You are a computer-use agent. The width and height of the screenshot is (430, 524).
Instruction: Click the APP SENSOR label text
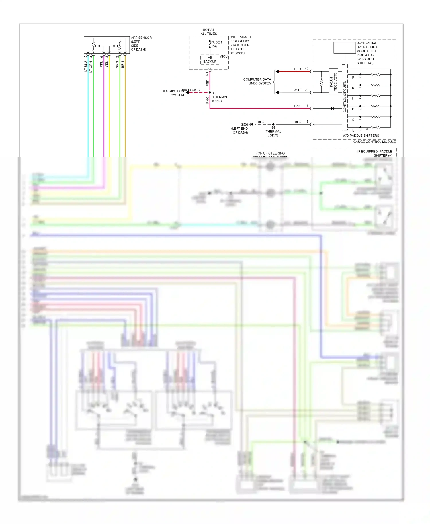(x=141, y=38)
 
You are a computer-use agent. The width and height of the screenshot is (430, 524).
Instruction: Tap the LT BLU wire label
(x=86, y=66)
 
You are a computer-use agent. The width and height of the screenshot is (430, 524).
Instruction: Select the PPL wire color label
(x=101, y=64)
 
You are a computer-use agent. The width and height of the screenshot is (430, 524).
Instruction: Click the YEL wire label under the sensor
(x=107, y=64)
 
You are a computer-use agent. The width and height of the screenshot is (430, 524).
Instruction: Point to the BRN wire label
(x=123, y=64)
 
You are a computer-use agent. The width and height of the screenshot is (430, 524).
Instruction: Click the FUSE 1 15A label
(x=216, y=44)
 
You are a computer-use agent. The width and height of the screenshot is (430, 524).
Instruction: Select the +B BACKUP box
(x=210, y=60)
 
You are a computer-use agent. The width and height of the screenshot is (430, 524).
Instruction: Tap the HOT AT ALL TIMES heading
(x=209, y=32)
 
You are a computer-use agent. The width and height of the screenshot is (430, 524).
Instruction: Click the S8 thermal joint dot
(x=210, y=93)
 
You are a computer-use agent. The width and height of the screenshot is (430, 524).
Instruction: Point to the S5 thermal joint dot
(x=273, y=124)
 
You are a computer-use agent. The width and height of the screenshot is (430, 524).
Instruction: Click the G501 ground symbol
(x=251, y=124)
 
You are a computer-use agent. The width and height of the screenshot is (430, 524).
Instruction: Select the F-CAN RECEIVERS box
(x=333, y=82)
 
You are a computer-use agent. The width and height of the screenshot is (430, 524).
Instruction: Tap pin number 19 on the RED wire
(x=307, y=69)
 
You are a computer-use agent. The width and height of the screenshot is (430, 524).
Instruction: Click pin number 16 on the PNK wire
(x=307, y=106)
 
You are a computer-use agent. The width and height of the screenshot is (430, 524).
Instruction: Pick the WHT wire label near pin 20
(x=297, y=90)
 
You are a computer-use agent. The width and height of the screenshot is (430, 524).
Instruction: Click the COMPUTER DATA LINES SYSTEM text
(x=257, y=81)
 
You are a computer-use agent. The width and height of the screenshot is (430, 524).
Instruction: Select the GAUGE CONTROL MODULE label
(x=374, y=142)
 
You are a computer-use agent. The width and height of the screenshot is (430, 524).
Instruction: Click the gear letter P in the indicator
(x=353, y=77)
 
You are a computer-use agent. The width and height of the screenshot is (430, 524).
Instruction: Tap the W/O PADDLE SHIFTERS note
(x=360, y=136)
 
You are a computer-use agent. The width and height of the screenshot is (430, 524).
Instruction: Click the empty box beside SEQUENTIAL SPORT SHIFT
(x=345, y=48)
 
